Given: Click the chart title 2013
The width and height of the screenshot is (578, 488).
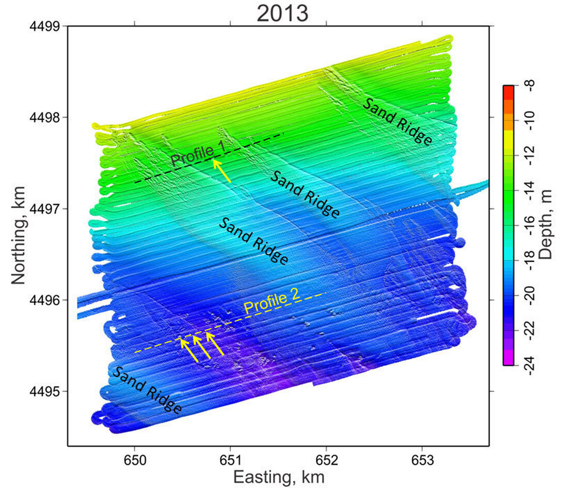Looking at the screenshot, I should (282, 13).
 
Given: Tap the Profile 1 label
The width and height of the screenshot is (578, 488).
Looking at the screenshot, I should (198, 154).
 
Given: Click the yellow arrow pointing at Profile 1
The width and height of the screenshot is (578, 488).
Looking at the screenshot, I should (222, 171).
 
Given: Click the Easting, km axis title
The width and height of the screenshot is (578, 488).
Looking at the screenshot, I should (279, 476).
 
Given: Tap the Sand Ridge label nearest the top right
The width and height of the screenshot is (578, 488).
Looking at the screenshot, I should (397, 122).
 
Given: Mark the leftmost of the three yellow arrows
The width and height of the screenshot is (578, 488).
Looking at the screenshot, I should (189, 350).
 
